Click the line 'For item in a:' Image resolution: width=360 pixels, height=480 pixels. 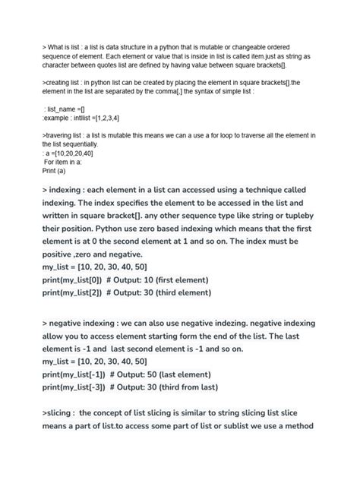[x=68, y=162]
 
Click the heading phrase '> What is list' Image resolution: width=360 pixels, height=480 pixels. [x=67, y=47]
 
